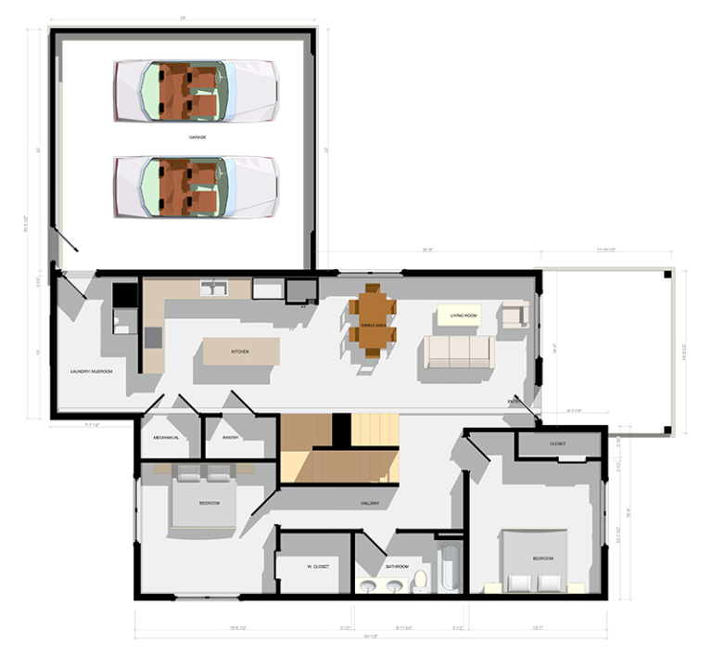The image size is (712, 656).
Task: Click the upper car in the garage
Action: (195, 91)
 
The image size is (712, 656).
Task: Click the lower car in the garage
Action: (195, 186)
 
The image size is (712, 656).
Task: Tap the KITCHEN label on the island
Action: (240, 353)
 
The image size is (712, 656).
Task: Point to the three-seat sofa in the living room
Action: (457, 352)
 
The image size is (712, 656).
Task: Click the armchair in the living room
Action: (515, 315)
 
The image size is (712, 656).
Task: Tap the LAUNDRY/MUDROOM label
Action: (91, 372)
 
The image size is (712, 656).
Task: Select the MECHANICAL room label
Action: (166, 438)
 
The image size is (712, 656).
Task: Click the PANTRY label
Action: (231, 438)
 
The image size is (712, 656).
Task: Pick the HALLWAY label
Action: (371, 504)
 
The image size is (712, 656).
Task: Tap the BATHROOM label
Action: (396, 566)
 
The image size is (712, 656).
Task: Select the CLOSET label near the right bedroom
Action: (557, 444)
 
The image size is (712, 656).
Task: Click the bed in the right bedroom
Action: (535, 560)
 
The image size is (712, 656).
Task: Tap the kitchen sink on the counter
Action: (215, 288)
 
